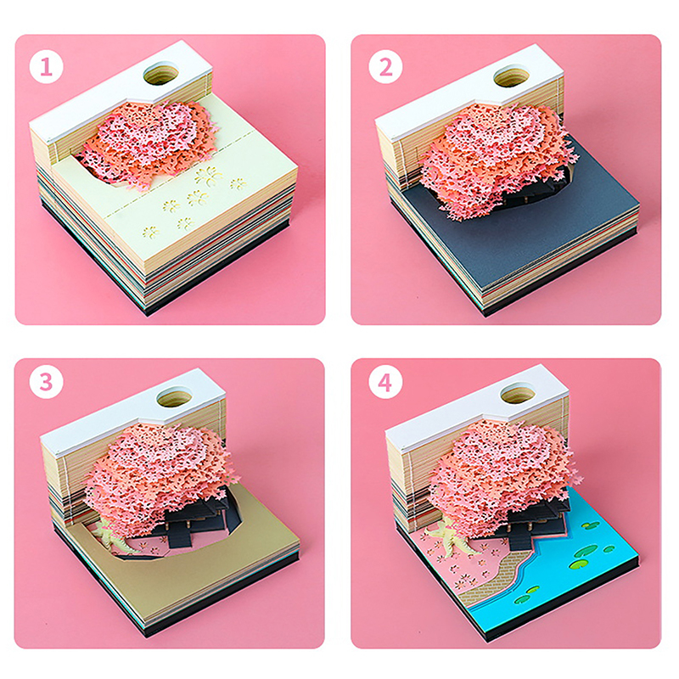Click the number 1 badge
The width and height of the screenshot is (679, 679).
click(47, 67)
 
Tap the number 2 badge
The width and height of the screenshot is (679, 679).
click(385, 67)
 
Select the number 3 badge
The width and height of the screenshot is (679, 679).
click(47, 382)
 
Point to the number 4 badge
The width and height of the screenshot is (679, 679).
click(385, 382)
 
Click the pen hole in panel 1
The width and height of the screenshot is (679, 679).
click(160, 74)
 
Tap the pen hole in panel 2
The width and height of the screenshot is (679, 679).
click(511, 76)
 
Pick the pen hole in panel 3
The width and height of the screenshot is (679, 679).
click(174, 396)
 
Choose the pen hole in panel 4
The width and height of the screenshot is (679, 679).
click(517, 393)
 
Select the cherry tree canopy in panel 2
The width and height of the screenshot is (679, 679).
click(498, 158)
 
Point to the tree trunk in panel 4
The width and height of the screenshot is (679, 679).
click(451, 541)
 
